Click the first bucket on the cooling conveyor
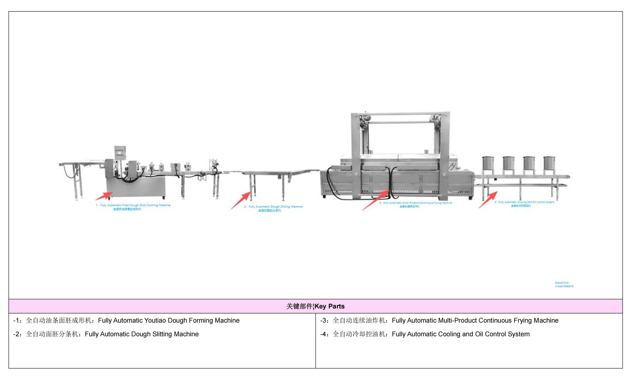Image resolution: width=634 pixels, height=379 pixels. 488,163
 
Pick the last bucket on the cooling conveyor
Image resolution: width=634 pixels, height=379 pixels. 549,163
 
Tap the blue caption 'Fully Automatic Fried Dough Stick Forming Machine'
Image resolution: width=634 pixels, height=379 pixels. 135,205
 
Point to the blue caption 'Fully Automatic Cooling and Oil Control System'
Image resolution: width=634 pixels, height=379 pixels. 526,202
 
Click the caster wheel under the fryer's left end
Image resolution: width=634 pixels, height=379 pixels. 324,197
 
